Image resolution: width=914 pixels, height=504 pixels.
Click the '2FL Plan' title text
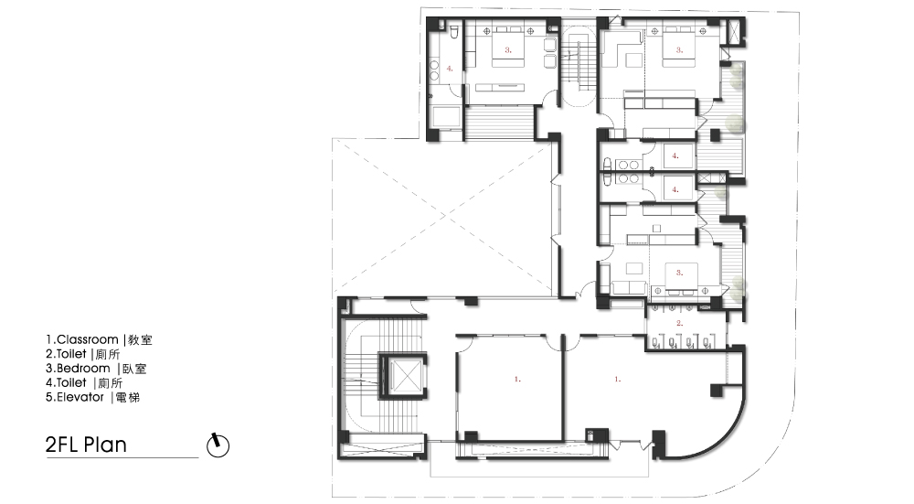coord(86,445)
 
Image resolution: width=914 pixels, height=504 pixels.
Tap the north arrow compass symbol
coord(218,445)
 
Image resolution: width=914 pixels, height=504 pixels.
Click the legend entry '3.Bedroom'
coord(78,369)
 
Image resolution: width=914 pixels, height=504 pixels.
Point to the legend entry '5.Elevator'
coord(75,397)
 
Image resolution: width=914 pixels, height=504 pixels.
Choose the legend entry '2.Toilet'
coord(66,354)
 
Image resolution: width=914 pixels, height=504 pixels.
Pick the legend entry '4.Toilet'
coord(66,382)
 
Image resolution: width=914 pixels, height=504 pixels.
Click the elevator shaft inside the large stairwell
coord(403,376)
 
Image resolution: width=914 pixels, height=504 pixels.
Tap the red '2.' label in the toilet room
coord(679,323)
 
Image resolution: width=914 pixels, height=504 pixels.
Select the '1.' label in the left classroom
coord(517,380)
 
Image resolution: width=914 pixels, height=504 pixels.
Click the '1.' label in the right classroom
coord(617,380)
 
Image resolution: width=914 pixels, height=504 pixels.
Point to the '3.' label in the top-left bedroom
coord(507,50)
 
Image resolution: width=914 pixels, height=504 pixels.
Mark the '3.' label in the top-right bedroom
coord(679,50)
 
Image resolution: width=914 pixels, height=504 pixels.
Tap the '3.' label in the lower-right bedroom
coord(679,273)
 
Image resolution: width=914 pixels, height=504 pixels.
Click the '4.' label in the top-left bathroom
coord(450,69)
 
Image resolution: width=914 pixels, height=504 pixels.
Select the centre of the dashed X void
coord(443,215)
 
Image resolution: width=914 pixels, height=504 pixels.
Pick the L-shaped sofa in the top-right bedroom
coord(618,47)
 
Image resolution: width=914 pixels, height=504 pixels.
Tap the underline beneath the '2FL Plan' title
coord(122,458)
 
